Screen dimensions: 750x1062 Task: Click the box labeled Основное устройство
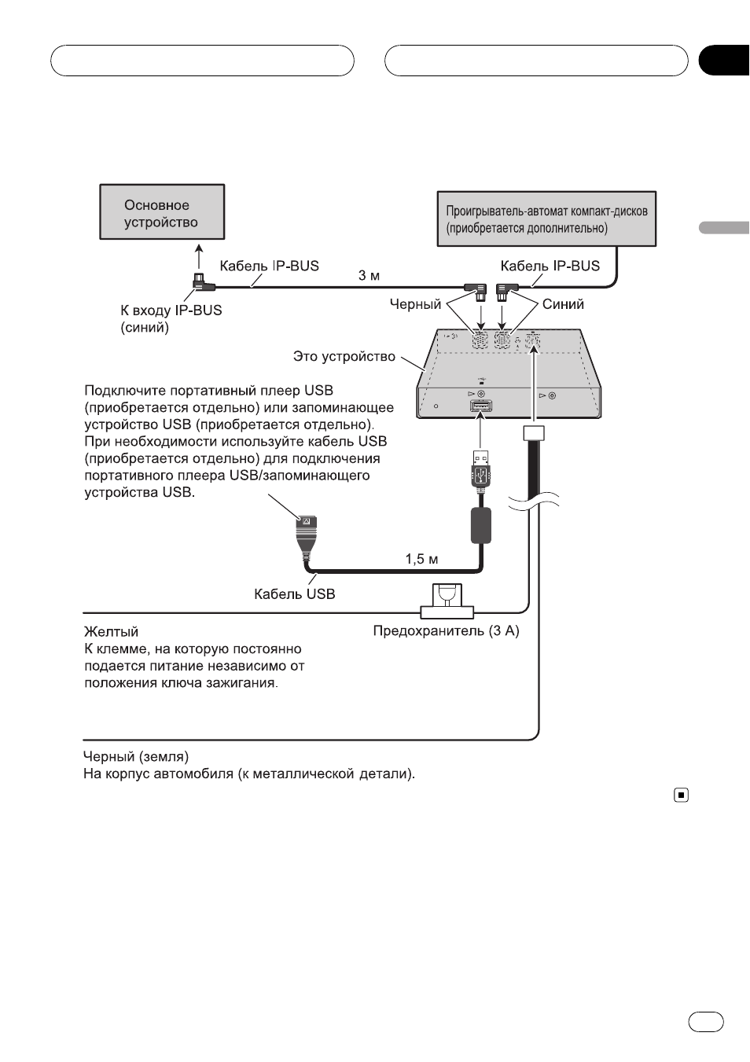(x=162, y=211)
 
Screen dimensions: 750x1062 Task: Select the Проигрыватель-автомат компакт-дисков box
(x=546, y=219)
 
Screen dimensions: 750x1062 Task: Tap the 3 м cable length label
(x=369, y=275)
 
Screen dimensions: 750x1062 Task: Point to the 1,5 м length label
(x=421, y=559)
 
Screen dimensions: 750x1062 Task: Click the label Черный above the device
(x=415, y=304)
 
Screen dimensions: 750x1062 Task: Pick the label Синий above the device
(x=563, y=304)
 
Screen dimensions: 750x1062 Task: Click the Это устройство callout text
(x=344, y=356)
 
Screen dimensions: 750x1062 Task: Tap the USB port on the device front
(x=480, y=406)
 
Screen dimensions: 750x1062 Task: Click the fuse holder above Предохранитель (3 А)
(x=447, y=601)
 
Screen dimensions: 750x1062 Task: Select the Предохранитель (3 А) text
(x=446, y=631)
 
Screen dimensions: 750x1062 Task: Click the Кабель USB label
(x=294, y=594)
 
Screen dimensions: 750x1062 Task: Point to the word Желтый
(x=111, y=631)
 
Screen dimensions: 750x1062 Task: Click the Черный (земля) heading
(x=136, y=756)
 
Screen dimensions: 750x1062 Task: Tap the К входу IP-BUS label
(x=171, y=310)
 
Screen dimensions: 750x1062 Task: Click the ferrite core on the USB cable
(x=480, y=525)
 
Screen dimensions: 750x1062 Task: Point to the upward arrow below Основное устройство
(x=199, y=256)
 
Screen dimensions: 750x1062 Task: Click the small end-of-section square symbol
(x=681, y=795)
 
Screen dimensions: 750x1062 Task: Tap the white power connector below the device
(x=534, y=433)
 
